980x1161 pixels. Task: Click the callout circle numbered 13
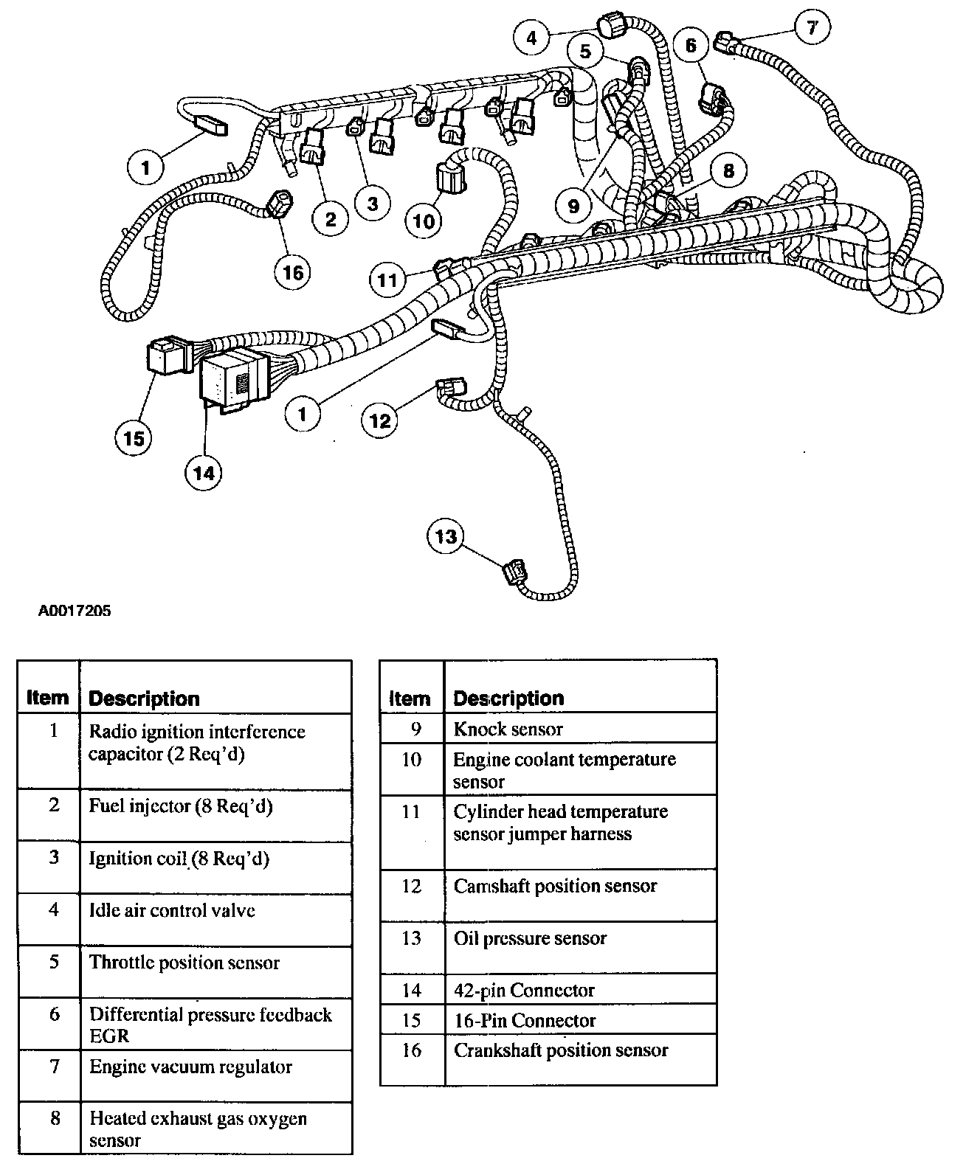coord(446,536)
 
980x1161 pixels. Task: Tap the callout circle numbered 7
coord(812,28)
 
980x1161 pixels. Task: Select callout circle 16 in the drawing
coord(293,273)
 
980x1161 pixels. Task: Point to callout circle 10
coord(424,220)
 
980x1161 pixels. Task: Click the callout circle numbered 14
coord(204,472)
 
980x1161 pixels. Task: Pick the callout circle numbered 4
coord(533,37)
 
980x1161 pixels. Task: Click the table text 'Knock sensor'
coord(508,729)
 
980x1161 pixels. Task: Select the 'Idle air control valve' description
coord(172,910)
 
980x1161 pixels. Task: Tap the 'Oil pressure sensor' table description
coord(530,938)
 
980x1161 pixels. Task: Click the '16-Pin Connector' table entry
coord(524,1020)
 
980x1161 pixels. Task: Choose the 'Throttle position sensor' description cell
coord(184,963)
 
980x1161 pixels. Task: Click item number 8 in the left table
coord(55,1118)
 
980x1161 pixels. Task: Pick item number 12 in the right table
coord(411,886)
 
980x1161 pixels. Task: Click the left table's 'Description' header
coord(144,699)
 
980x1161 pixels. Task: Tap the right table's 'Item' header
coord(410,698)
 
